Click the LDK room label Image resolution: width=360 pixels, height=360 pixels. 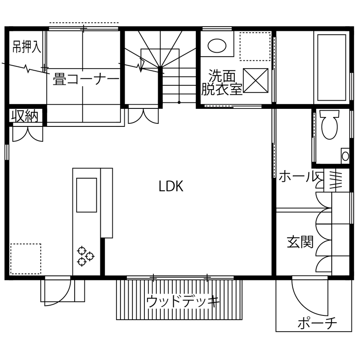point(171,186)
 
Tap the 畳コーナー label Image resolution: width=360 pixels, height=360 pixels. point(86,80)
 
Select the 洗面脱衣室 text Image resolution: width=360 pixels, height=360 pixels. point(222,83)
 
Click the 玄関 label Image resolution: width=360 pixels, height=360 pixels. point(300,242)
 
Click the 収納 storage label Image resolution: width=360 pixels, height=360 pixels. point(25,116)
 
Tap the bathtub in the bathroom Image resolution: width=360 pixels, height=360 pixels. point(331,67)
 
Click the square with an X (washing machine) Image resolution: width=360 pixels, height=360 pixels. point(255,80)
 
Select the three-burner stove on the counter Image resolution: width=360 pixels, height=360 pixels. point(85,256)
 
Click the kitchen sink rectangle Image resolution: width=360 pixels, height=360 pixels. point(86,195)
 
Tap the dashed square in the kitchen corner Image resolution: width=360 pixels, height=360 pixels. point(26,258)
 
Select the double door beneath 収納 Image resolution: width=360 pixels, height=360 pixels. point(27,133)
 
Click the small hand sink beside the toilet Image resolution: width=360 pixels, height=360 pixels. point(345,156)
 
